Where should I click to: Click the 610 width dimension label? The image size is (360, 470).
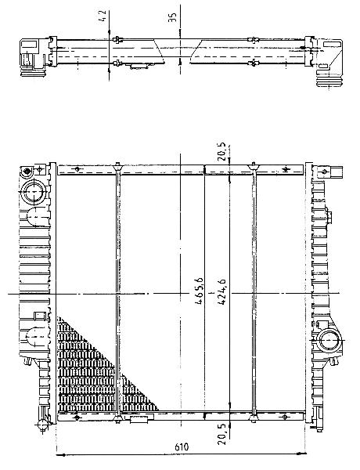pos(182,447)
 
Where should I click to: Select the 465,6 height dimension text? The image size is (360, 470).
pos(199,291)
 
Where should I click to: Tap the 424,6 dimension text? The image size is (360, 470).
pos(221,291)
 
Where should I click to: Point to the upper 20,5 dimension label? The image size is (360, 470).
pos(222,152)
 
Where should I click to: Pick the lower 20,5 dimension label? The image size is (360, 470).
pos(222,435)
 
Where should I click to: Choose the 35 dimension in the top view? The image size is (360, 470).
pos(172,16)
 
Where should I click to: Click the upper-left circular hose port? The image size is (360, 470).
pos(34,192)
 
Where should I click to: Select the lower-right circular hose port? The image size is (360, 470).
pos(329,341)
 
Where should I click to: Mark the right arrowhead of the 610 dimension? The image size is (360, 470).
pos(302,454)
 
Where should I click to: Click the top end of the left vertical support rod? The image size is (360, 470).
pos(117,164)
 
